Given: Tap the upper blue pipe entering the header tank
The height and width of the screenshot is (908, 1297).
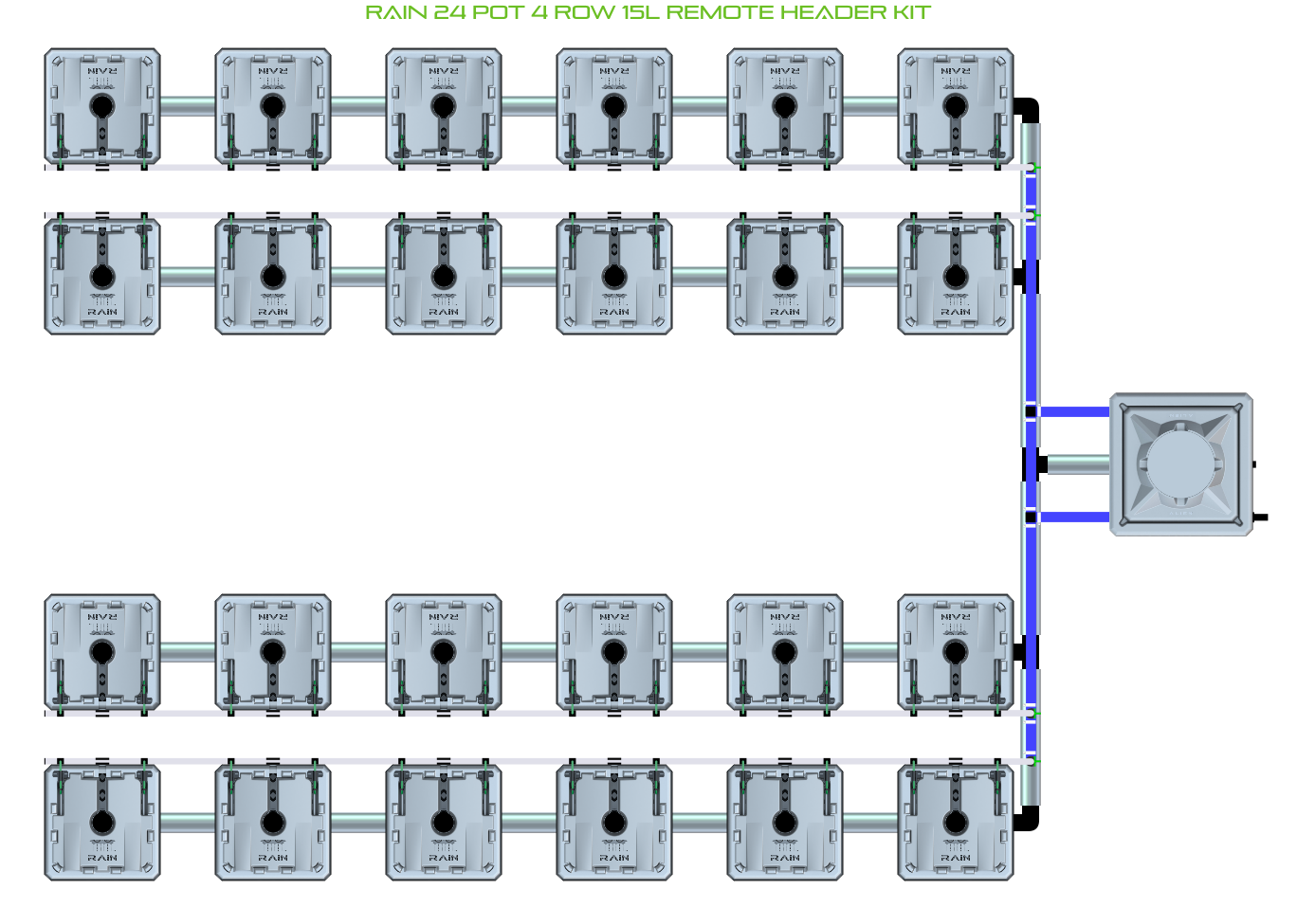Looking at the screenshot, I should tap(1075, 412).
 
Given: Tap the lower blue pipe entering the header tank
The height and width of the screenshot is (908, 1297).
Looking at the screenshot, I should tap(1075, 517).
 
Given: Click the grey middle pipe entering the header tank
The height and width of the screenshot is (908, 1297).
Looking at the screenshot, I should tap(1079, 464).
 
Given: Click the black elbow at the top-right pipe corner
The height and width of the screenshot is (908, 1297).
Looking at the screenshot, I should tap(1029, 109).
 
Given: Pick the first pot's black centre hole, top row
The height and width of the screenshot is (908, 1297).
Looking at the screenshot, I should tap(102, 105).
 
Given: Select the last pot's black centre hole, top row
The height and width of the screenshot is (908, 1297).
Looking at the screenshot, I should tap(956, 105).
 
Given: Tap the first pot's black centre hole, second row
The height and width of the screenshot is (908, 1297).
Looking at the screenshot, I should tap(102, 277).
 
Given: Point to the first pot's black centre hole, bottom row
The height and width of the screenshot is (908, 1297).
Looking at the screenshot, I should tap(102, 822).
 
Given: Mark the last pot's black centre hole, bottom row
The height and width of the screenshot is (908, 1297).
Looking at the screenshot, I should tap(956, 822).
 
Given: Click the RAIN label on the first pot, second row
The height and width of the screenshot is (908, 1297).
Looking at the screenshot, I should tap(102, 312).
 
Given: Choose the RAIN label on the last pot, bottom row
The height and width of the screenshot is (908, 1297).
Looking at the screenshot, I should tap(956, 858).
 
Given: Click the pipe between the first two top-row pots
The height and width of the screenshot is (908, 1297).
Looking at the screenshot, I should tap(188, 106).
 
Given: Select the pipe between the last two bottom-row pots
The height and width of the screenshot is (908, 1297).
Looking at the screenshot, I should tap(870, 822).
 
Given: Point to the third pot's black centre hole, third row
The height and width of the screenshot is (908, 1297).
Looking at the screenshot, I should tap(444, 652).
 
